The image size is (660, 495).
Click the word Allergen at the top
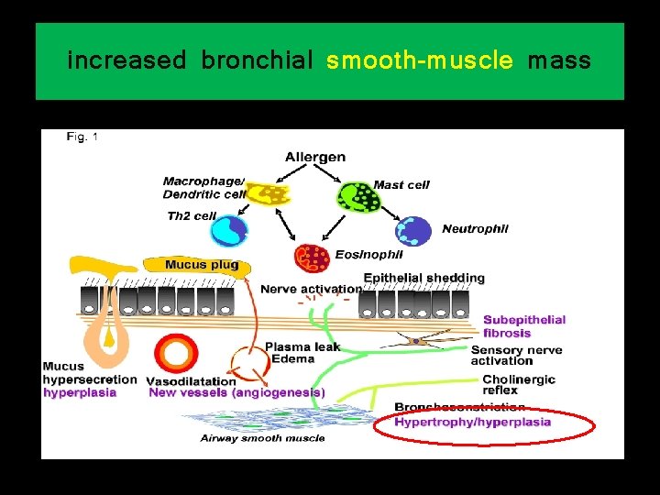pyautogui.click(x=315, y=157)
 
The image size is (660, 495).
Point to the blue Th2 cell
pyautogui.click(x=229, y=230)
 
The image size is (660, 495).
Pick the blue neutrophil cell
pyautogui.click(x=413, y=231)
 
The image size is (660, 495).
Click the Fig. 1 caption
pyautogui.click(x=82, y=137)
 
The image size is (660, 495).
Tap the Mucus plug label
pyautogui.click(x=202, y=265)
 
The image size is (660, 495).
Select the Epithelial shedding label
pyautogui.click(x=424, y=278)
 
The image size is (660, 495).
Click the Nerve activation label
pyautogui.click(x=310, y=290)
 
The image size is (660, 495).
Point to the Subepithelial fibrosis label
pyautogui.click(x=524, y=326)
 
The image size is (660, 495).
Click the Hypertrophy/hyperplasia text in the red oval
pyautogui.click(x=473, y=423)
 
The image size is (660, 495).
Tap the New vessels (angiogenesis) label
pyautogui.click(x=236, y=392)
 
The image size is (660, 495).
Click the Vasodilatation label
pyautogui.click(x=191, y=381)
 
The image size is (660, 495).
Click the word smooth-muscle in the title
pyautogui.click(x=419, y=61)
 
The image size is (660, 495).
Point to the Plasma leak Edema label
pyautogui.click(x=302, y=353)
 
